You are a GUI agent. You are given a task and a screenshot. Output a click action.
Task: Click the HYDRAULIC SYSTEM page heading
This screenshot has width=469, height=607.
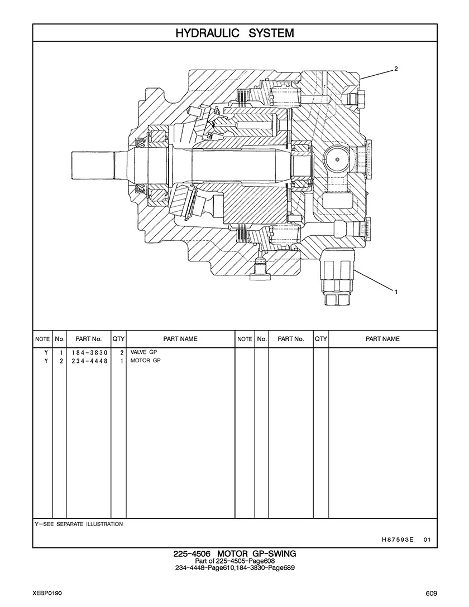tap(234, 33)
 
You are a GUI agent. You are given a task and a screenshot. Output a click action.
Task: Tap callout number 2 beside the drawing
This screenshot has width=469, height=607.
tap(396, 69)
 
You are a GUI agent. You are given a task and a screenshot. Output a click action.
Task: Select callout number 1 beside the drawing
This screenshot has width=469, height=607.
tap(396, 292)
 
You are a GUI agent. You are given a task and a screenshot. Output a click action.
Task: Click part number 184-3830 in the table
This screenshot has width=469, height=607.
tap(89, 353)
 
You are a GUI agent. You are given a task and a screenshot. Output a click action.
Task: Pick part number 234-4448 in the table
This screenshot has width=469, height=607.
tap(89, 361)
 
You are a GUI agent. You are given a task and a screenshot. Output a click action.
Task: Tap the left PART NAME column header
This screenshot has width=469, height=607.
tap(180, 339)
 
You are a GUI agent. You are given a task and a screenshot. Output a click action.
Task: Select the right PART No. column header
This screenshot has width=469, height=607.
tap(290, 339)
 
